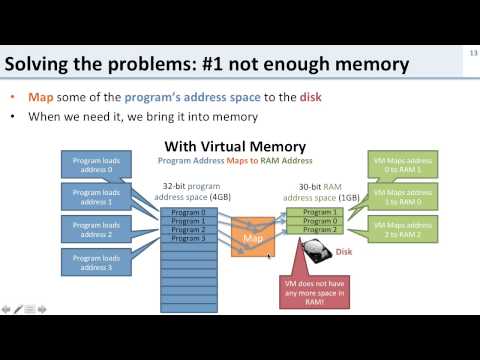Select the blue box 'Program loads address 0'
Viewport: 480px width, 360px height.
95,163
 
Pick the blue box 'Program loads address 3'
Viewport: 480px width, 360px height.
95,265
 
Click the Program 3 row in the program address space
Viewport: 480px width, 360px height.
188,238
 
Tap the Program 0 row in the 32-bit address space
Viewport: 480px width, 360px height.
188,212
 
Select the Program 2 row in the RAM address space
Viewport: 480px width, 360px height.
320,229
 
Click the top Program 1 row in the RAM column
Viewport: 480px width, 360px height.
320,212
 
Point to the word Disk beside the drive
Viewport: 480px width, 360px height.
345,253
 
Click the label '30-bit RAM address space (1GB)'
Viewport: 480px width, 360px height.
321,192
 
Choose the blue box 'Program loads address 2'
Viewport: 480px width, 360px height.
95,231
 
